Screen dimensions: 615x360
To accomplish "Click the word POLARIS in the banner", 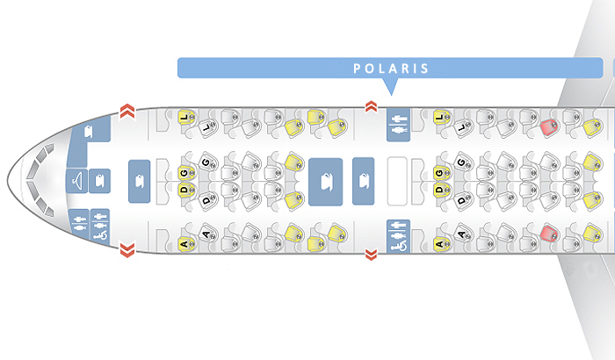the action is (391, 68).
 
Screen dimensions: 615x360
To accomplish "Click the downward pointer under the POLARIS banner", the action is (391, 86).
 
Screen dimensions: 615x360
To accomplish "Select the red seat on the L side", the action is (550, 127).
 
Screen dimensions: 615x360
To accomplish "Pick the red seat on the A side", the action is (550, 234).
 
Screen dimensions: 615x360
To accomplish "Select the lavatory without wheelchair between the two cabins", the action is (398, 124).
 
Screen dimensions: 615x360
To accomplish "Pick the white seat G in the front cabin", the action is (206, 163).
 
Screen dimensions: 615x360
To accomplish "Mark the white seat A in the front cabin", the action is (206, 234).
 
